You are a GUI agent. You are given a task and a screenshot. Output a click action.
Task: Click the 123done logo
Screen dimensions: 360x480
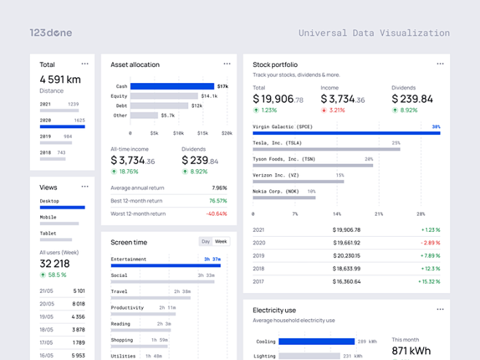pyautogui.click(x=50, y=33)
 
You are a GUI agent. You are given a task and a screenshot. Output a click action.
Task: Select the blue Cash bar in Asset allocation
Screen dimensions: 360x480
pyautogui.click(x=172, y=86)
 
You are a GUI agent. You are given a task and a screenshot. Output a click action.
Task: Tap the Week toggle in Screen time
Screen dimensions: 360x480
pyautogui.click(x=220, y=241)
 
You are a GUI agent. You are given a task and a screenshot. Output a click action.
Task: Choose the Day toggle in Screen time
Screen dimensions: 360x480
pyautogui.click(x=206, y=241)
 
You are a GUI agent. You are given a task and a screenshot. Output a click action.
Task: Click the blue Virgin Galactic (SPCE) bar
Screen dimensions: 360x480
pyautogui.click(x=347, y=133)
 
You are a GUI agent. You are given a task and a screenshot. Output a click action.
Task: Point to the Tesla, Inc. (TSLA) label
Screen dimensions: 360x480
pyautogui.click(x=277, y=143)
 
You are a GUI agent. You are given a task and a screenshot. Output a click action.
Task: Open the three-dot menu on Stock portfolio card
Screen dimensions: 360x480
pyautogui.click(x=440, y=64)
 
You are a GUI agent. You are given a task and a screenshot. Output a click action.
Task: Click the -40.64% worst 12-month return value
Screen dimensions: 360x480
pyautogui.click(x=216, y=214)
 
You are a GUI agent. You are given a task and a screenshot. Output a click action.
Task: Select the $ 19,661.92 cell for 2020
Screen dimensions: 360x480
pyautogui.click(x=346, y=243)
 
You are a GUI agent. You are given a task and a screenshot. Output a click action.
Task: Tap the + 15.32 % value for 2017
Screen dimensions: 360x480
pyautogui.click(x=429, y=281)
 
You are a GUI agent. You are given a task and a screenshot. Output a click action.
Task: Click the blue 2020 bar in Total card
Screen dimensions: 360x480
pyautogui.click(x=62, y=127)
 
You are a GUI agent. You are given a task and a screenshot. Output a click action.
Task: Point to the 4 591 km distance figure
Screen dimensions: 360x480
pyautogui.click(x=60, y=79)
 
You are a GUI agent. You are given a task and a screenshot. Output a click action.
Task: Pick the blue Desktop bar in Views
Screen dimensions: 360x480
pyautogui.click(x=62, y=208)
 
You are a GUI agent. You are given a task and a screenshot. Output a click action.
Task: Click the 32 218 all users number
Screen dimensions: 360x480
pyautogui.click(x=55, y=264)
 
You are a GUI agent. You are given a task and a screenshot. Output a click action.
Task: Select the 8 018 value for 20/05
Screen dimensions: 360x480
pyautogui.click(x=79, y=304)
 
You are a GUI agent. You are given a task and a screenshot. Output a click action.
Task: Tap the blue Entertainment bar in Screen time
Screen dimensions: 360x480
pyautogui.click(x=166, y=265)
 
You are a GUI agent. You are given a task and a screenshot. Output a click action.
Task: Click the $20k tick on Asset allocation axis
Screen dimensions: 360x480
pyautogui.click(x=227, y=133)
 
